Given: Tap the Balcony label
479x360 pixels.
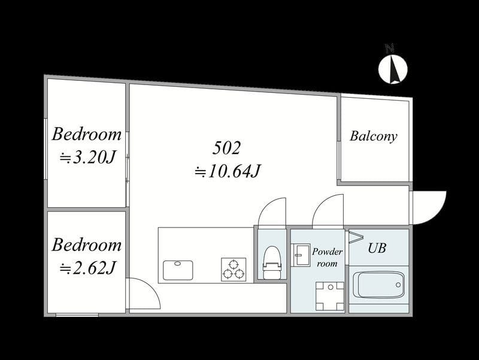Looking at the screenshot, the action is (x=373, y=137).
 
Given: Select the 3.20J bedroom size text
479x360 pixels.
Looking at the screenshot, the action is (x=87, y=158).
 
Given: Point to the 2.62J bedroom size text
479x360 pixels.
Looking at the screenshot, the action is (x=87, y=268).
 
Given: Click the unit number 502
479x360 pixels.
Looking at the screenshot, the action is (x=227, y=148).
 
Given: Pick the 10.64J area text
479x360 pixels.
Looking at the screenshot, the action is (x=228, y=171).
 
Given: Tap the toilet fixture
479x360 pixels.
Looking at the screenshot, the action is (x=272, y=263).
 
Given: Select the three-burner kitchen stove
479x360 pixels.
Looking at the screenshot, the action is (x=234, y=269).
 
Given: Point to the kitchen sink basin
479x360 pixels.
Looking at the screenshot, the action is (x=178, y=270).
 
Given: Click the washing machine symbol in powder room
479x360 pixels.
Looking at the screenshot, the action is (x=330, y=296).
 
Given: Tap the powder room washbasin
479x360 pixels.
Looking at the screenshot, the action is (x=301, y=254).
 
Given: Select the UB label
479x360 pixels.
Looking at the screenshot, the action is (x=377, y=248).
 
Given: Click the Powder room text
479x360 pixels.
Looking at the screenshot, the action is (x=327, y=258).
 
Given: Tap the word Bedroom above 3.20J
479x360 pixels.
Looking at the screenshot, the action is (x=87, y=134).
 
